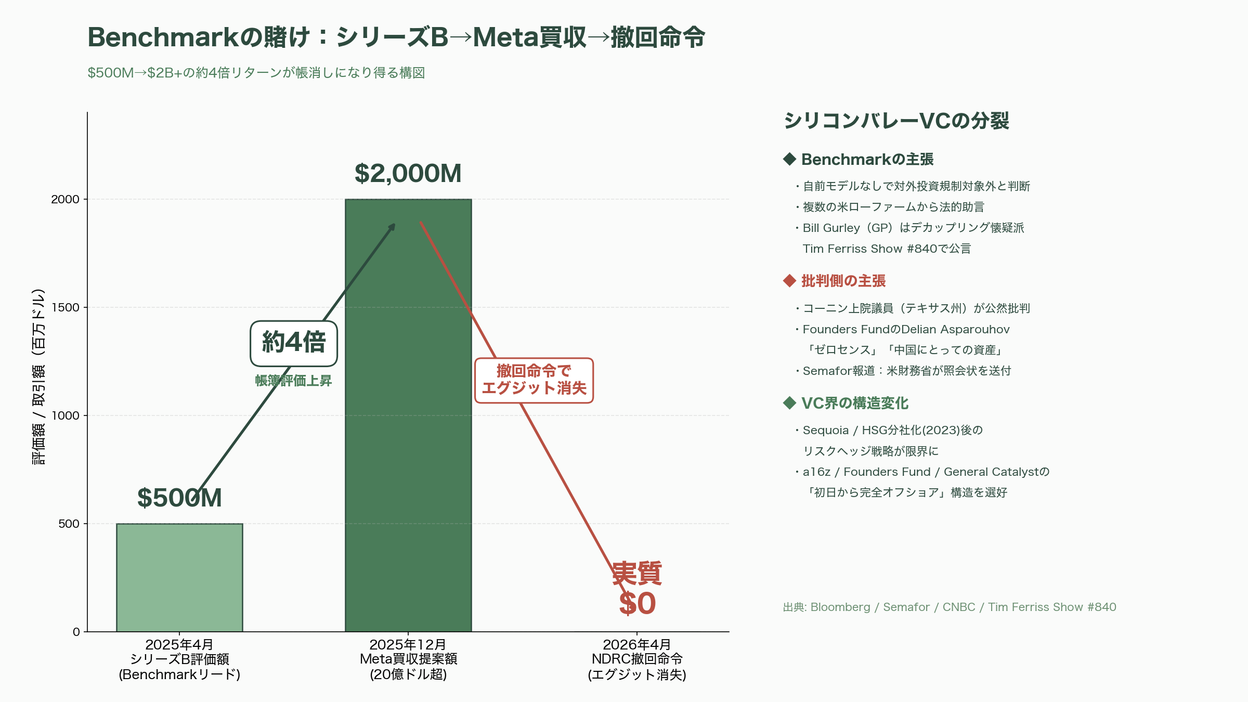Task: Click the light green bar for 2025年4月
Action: pos(179,577)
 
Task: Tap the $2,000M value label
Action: pos(408,174)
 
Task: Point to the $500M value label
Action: pos(179,498)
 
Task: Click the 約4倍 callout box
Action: pos(294,343)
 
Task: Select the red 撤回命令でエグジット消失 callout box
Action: pos(534,380)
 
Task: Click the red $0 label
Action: pos(637,604)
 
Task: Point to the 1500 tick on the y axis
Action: pos(66,307)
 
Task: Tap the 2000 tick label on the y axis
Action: pos(66,199)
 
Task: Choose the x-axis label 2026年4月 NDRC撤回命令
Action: pos(637,659)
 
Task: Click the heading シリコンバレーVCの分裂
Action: pos(896,121)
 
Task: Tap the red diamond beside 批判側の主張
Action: pos(789,281)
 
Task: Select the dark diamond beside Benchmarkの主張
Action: pos(789,159)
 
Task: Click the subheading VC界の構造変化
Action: pos(854,403)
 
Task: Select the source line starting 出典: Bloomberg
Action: pos(950,607)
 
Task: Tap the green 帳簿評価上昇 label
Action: pos(293,381)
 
